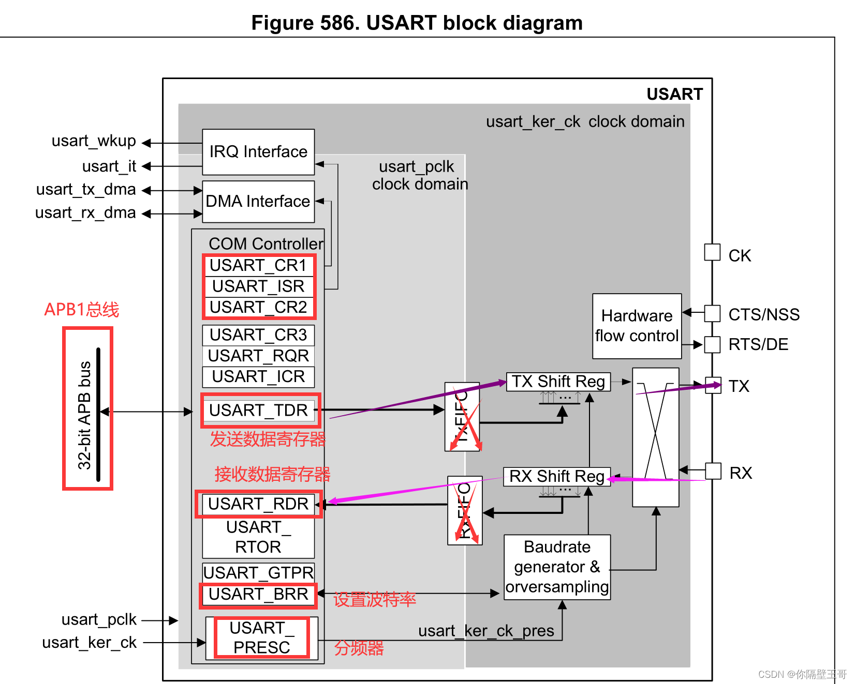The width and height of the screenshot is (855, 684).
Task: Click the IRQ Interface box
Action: [258, 152]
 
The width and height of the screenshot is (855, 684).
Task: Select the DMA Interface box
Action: [258, 202]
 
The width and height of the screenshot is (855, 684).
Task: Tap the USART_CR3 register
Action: [258, 335]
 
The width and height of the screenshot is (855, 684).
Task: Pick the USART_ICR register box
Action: [258, 377]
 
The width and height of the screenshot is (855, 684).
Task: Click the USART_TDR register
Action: [258, 411]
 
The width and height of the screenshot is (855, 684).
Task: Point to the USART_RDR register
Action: [258, 504]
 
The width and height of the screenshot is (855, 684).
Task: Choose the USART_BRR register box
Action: [258, 595]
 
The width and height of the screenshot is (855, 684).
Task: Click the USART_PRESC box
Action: [261, 637]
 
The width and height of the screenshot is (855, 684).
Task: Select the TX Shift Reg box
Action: [558, 382]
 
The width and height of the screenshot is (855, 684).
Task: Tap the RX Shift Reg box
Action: [557, 476]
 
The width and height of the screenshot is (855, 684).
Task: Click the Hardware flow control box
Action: [637, 326]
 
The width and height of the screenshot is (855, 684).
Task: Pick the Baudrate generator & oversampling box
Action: [557, 567]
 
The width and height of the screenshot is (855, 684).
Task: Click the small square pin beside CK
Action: [712, 252]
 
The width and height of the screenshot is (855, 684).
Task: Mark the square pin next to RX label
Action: [713, 471]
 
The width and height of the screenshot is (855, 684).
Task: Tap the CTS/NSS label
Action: [764, 314]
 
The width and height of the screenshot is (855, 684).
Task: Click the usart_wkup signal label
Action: [94, 141]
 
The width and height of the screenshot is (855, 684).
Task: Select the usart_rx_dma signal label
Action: [85, 212]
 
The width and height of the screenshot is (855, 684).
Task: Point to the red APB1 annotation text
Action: [81, 310]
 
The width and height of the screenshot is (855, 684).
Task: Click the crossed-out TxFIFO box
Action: [462, 417]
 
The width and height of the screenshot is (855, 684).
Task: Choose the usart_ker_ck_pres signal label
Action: [486, 631]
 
